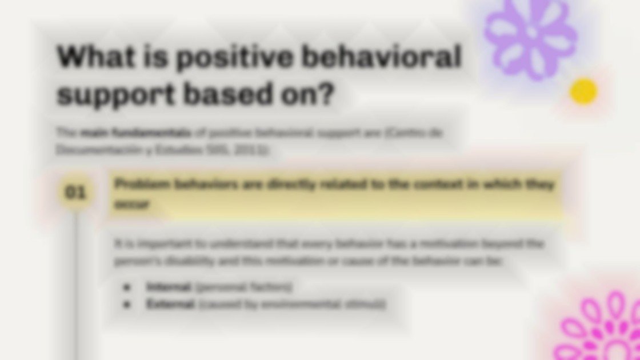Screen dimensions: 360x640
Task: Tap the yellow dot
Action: click(x=583, y=91)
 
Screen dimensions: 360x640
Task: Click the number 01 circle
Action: click(x=75, y=193)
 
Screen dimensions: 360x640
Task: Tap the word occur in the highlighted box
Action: click(x=131, y=204)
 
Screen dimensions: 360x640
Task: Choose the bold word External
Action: click(x=170, y=304)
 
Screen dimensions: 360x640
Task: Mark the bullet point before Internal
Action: click(x=127, y=287)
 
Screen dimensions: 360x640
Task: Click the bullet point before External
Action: click(x=127, y=304)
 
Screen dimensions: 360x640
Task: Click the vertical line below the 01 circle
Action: click(x=75, y=286)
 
